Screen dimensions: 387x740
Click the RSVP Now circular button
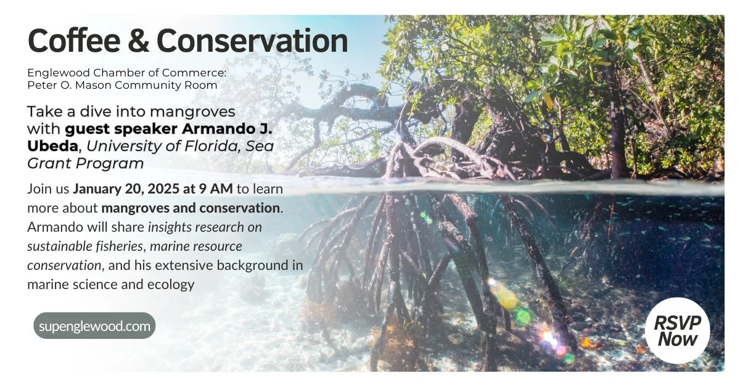click(677, 331)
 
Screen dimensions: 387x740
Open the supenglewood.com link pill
click(94, 326)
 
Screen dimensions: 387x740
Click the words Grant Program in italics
click(86, 163)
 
